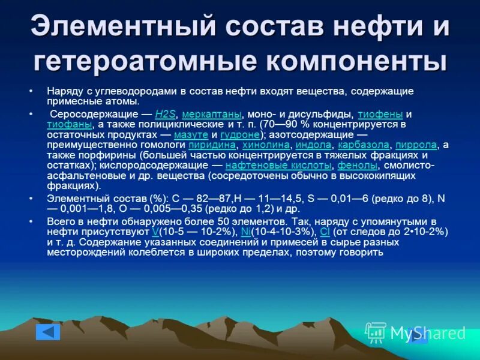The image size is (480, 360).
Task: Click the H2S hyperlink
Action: pyautogui.click(x=166, y=114)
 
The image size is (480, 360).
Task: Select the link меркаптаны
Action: pyautogui.click(x=211, y=114)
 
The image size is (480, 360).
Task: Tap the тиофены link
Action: pyautogui.click(x=380, y=114)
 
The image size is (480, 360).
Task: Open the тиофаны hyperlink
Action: pyautogui.click(x=69, y=124)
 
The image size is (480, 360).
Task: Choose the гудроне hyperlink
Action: pyautogui.click(x=240, y=134)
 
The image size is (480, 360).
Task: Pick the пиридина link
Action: pyautogui.click(x=211, y=145)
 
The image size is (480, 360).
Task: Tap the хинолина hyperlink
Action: pyautogui.click(x=265, y=145)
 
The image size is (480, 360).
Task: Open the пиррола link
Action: pyautogui.click(x=416, y=145)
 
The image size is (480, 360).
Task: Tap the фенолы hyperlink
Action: pyautogui.click(x=357, y=165)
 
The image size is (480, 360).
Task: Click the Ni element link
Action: pyautogui.click(x=245, y=232)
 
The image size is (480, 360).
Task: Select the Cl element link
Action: pyautogui.click(x=324, y=232)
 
